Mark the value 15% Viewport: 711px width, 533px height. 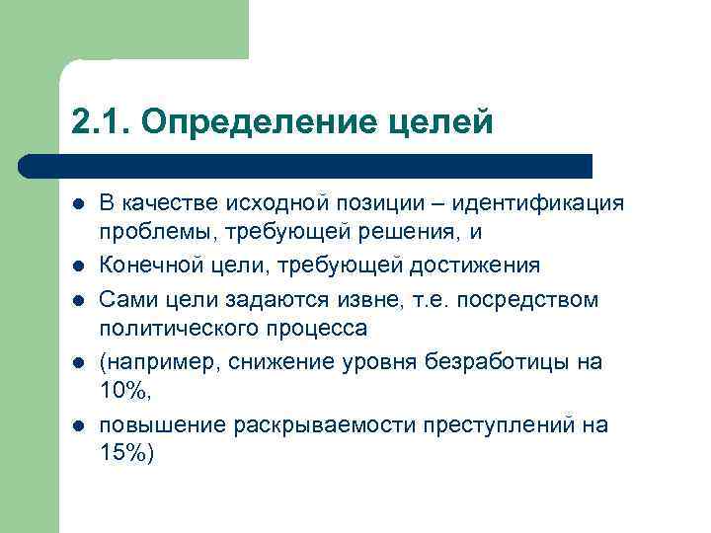coord(123,455)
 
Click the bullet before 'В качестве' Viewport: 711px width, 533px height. coord(77,204)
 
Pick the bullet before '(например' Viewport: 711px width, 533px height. coord(77,362)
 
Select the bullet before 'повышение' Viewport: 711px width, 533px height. coord(77,425)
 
